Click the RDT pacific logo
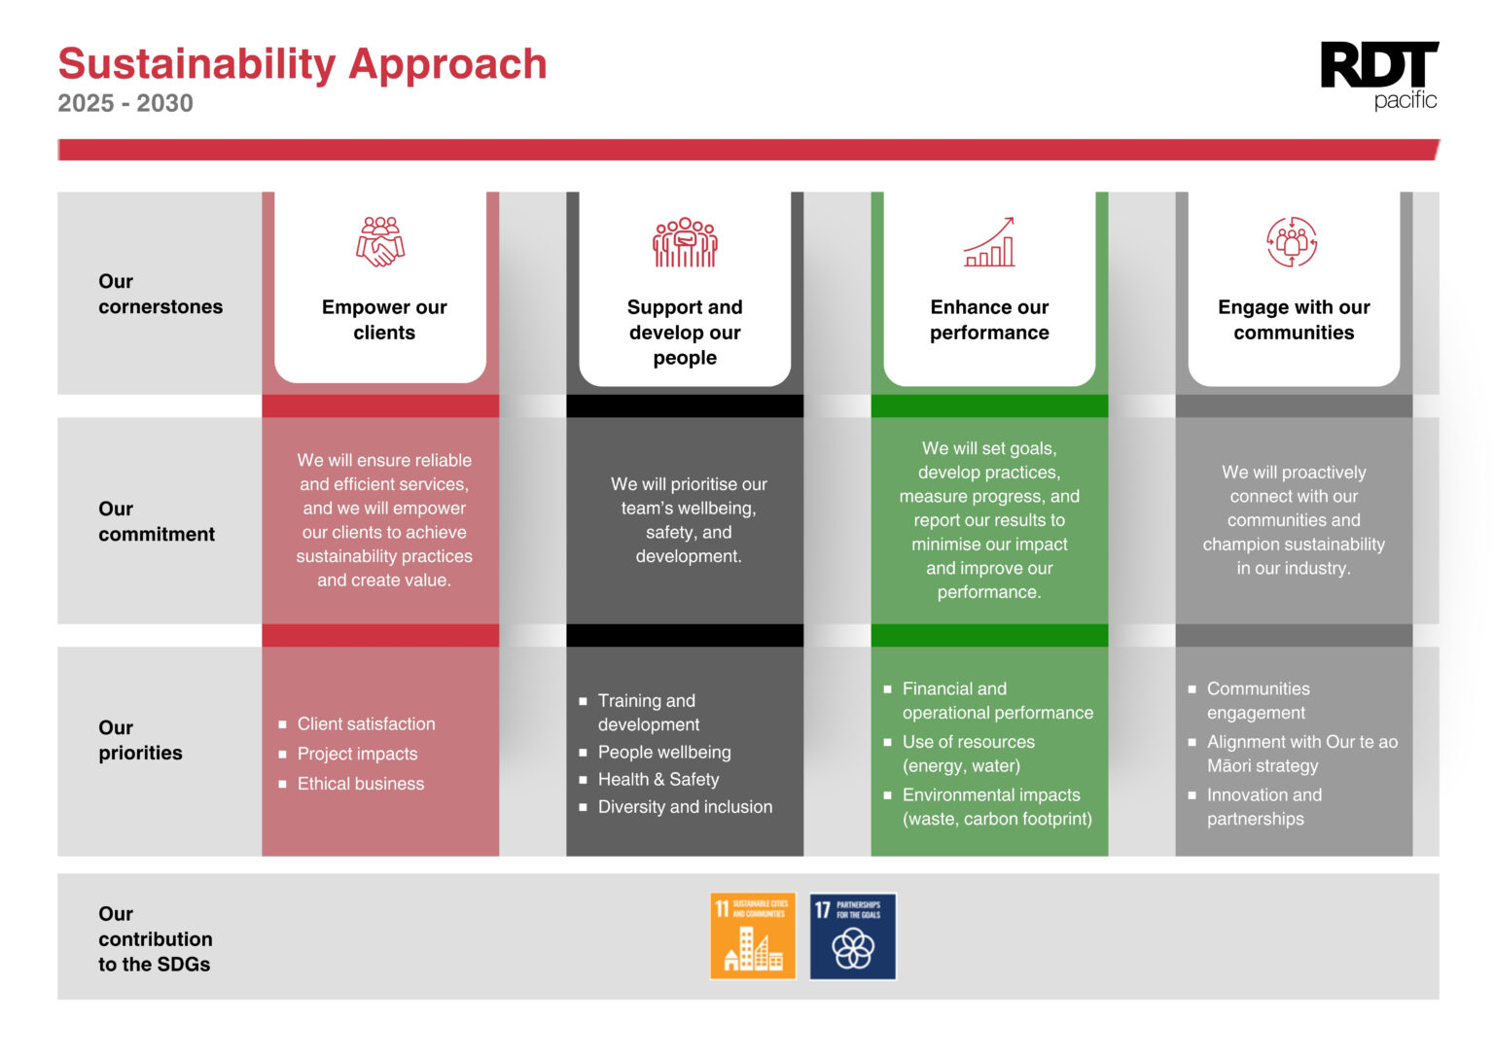(1378, 75)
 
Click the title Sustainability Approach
(302, 64)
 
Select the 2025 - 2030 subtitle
(125, 103)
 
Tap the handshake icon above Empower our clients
(380, 241)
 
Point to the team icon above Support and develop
(685, 242)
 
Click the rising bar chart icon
(989, 242)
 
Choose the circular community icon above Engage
(1292, 242)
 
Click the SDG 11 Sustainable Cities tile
(753, 935)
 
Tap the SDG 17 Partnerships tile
(852, 935)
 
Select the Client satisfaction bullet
(366, 724)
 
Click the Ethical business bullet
(360, 784)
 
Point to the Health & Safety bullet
(658, 780)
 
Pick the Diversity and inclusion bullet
(685, 807)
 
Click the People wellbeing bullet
(664, 753)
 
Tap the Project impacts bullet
(357, 755)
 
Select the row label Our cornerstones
(160, 294)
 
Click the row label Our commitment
(156, 521)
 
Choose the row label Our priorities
(140, 740)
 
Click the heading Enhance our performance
(989, 320)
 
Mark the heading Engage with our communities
(1294, 320)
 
